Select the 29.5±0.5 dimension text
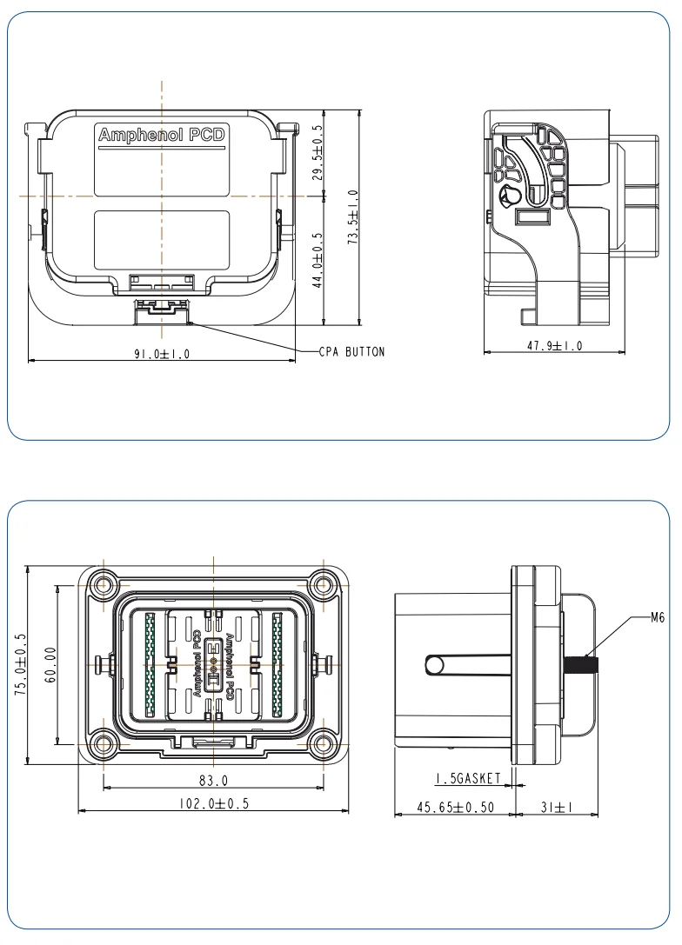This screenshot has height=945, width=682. tap(318, 152)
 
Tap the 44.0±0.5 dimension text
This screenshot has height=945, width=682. tap(318, 259)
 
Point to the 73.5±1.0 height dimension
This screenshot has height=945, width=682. tap(353, 217)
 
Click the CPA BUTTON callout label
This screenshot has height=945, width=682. tap(351, 352)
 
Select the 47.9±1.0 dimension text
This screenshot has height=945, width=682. tap(554, 345)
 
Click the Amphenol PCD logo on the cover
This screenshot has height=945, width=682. tap(161, 136)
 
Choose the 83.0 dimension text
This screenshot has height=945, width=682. tap(212, 781)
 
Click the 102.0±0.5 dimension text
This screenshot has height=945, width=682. tap(214, 803)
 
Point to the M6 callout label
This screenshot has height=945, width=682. tap(658, 618)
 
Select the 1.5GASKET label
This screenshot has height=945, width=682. tap(468, 778)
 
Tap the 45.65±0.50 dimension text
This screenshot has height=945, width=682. tap(455, 807)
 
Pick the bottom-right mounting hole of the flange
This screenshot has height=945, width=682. tap(324, 744)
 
